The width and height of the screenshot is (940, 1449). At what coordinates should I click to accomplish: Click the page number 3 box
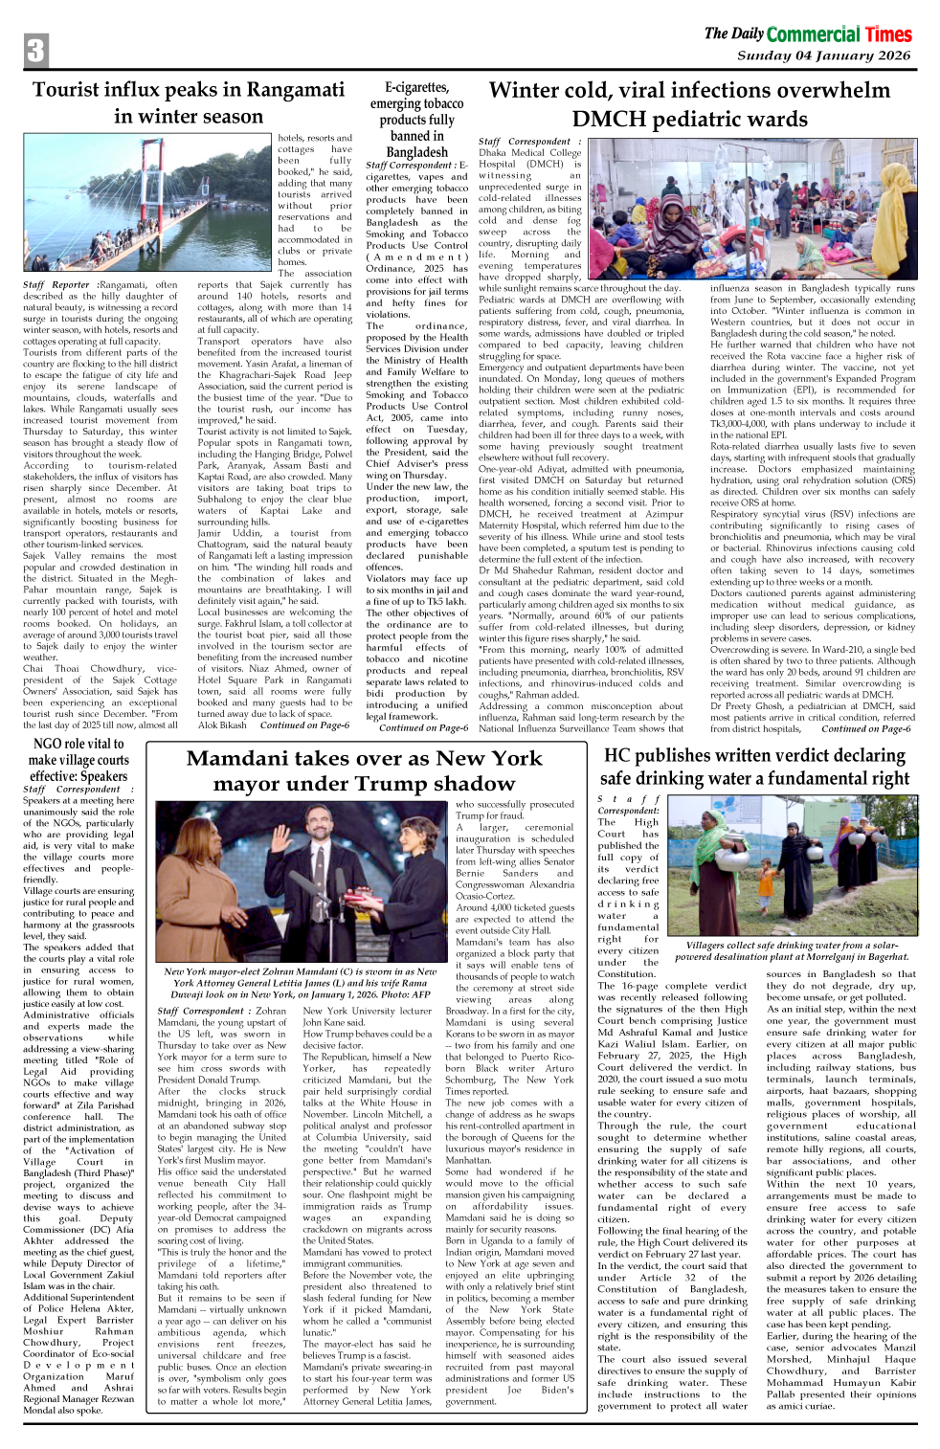pos(36,51)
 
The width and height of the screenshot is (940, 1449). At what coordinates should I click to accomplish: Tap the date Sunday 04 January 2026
pos(823,56)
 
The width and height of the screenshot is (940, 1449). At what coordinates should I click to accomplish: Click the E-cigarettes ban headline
pos(416,119)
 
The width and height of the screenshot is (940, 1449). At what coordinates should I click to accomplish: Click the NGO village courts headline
pos(78,760)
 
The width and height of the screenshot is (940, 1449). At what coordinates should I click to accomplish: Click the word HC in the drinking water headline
pos(618,755)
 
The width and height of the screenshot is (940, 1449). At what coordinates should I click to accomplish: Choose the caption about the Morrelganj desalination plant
pos(792,950)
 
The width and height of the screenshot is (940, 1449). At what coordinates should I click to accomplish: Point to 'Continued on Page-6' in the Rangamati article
pos(304,725)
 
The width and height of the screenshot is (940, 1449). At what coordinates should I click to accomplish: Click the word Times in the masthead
pos(887,35)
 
